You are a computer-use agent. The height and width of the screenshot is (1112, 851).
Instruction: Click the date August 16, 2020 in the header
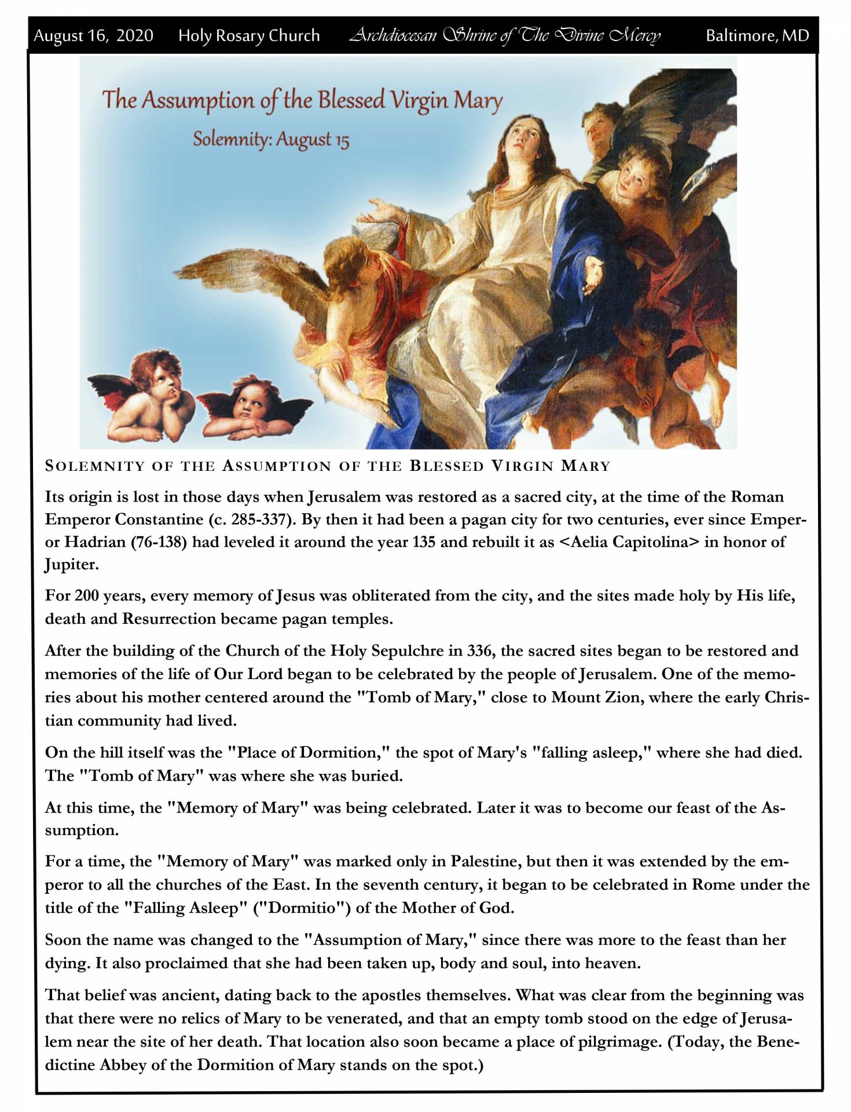93,36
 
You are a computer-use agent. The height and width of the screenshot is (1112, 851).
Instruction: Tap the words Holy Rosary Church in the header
249,36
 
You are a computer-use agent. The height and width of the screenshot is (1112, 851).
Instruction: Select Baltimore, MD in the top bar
757,36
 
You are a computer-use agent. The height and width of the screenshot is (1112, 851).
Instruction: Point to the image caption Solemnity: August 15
271,140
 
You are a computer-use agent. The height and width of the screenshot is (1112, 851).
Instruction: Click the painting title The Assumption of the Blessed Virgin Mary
302,100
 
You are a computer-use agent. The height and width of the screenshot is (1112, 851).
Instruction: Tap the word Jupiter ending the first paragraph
72,565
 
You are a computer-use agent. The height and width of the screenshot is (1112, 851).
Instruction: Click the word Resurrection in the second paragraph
168,619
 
